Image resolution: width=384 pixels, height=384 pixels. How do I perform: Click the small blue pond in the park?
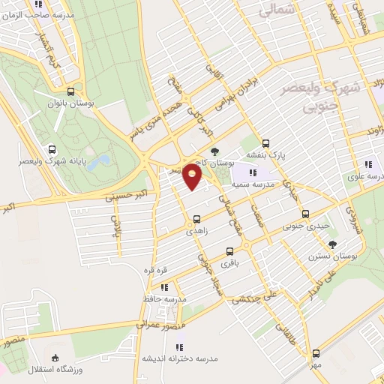pos(103,160)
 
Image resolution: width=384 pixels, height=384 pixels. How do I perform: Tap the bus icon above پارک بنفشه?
pos(265,145)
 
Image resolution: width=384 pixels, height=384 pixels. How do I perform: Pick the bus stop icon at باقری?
pos(229,251)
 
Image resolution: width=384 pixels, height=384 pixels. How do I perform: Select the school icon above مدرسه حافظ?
pos(163,286)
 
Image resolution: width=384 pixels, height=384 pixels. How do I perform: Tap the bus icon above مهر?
pos(316,352)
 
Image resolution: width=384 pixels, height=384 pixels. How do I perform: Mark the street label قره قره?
pos(154,268)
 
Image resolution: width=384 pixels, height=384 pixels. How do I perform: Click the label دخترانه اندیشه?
pos(179,358)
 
